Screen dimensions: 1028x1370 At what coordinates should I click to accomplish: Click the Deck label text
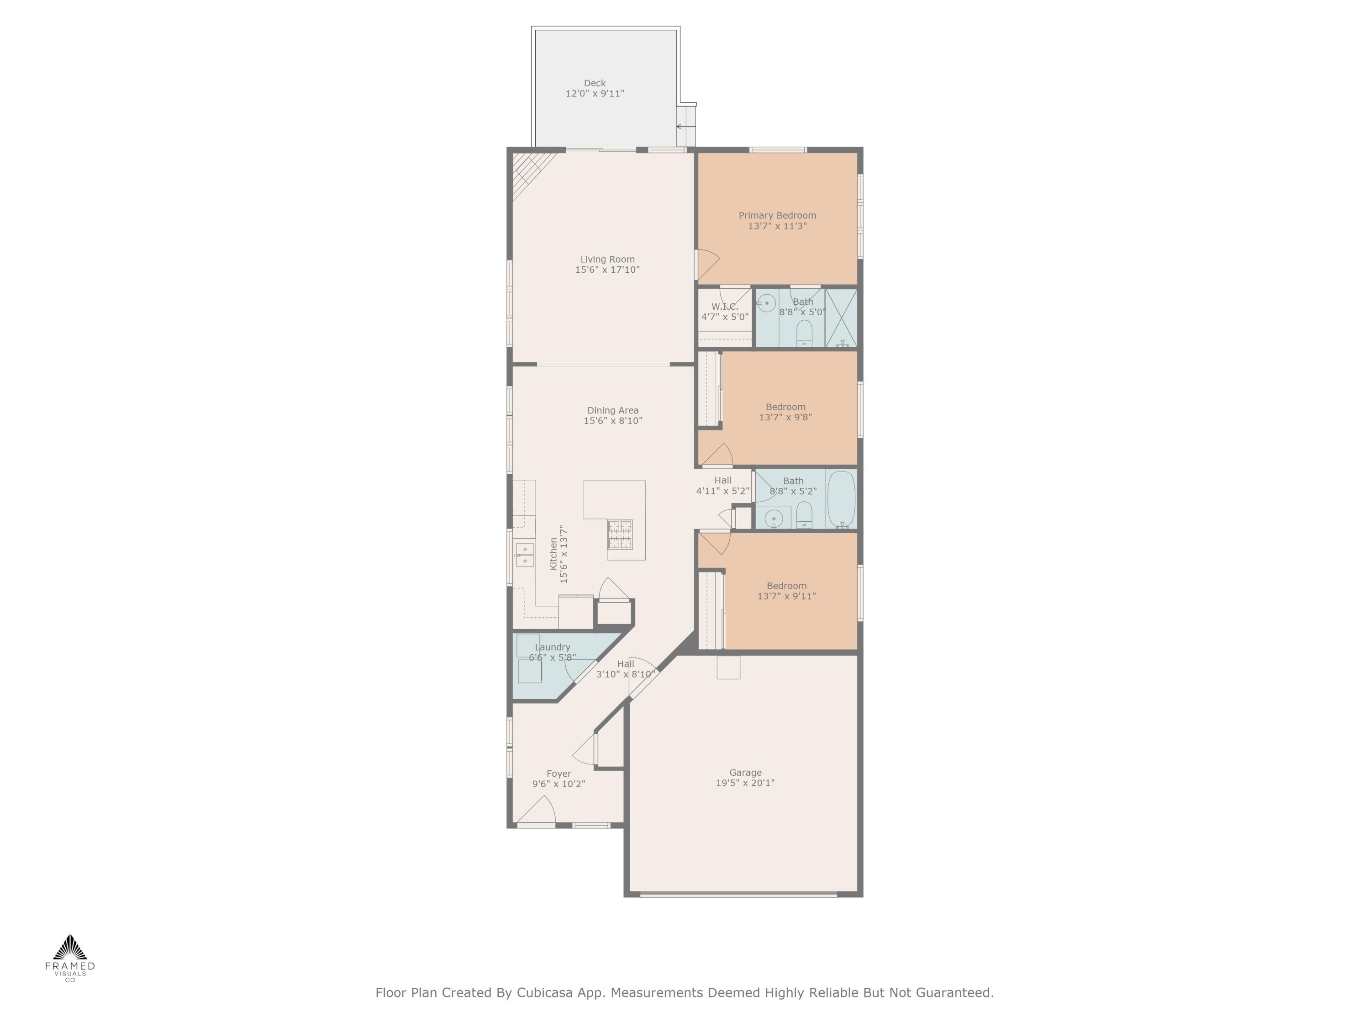pyautogui.click(x=595, y=83)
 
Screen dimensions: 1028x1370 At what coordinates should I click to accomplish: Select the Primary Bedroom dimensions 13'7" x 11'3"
pyautogui.click(x=777, y=226)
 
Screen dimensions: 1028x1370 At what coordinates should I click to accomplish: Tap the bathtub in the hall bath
pyautogui.click(x=841, y=499)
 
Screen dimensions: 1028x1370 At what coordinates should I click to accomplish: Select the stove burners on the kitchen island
pyautogui.click(x=620, y=534)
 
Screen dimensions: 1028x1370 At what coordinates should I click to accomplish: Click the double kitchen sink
pyautogui.click(x=525, y=555)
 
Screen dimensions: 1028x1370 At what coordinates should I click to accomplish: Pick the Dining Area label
pyautogui.click(x=612, y=410)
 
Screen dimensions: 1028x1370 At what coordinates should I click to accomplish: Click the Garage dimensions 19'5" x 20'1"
pyautogui.click(x=745, y=783)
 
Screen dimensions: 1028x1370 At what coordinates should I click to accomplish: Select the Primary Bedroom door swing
pyautogui.click(x=706, y=265)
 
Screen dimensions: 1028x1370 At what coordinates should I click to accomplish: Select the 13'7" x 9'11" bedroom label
pyautogui.click(x=786, y=596)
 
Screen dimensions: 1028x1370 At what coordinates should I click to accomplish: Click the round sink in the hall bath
pyautogui.click(x=774, y=518)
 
